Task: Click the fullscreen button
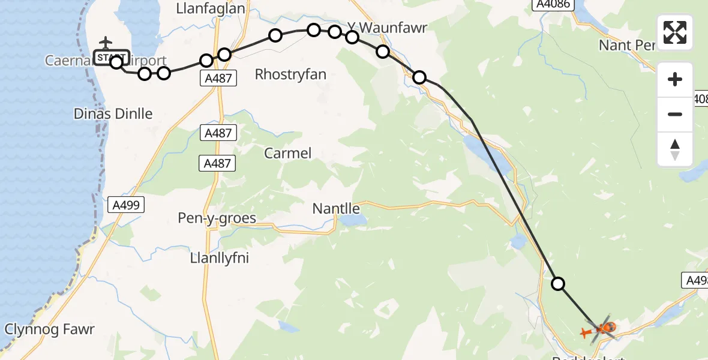click(x=675, y=32)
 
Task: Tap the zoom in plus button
click(x=675, y=79)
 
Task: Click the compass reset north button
click(x=675, y=149)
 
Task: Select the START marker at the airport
click(x=112, y=57)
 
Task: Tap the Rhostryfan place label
click(x=290, y=74)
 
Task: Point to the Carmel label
click(x=288, y=153)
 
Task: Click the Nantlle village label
click(x=336, y=208)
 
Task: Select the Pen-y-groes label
click(x=217, y=218)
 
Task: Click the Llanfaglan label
click(x=211, y=8)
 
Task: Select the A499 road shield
click(x=125, y=205)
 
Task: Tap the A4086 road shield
click(x=549, y=5)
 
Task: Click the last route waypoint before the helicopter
click(x=558, y=284)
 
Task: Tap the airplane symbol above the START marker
click(x=106, y=43)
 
